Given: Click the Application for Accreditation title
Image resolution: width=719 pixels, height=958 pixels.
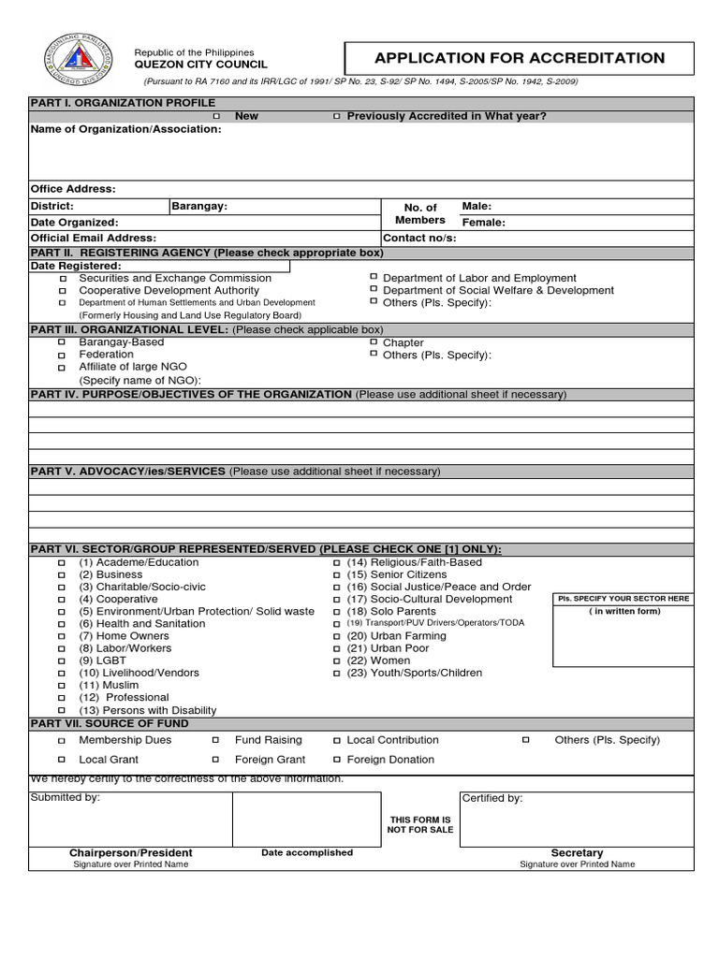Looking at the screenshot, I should point(520,58).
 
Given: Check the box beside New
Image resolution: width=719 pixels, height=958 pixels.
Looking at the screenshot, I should point(216,116).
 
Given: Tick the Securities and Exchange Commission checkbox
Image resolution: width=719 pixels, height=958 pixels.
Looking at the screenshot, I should point(63,279).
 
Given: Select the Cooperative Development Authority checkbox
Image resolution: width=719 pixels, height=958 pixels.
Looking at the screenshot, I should point(63,291).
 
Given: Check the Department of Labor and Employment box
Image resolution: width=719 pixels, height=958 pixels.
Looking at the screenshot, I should point(374,278).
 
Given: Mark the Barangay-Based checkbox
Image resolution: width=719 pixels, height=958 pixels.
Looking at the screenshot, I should point(63,343).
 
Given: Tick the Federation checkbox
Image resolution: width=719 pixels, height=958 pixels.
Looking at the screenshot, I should point(63,356).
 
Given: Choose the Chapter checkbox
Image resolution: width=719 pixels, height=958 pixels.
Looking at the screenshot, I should point(374,342).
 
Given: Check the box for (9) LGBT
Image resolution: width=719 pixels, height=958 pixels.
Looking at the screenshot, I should point(63,661).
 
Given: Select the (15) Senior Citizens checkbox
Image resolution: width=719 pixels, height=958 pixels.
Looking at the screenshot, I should point(337,575).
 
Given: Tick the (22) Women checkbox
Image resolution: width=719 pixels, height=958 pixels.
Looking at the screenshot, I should point(337,661).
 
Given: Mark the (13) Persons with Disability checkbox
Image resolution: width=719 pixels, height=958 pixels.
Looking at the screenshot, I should point(63,711).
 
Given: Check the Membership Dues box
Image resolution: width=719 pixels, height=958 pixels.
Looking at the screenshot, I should point(63,740).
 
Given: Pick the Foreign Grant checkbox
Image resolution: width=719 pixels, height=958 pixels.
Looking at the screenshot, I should point(215,760).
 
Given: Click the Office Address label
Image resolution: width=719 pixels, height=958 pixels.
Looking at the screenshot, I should point(73,189).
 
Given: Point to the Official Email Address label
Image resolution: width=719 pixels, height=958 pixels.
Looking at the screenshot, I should point(94,239).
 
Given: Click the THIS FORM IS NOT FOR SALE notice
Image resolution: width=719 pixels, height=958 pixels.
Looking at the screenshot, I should point(420,824).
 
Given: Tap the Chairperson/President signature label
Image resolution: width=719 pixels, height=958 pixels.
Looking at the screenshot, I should point(130,853).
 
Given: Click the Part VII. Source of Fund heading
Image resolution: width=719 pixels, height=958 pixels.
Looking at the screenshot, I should point(110,724).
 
